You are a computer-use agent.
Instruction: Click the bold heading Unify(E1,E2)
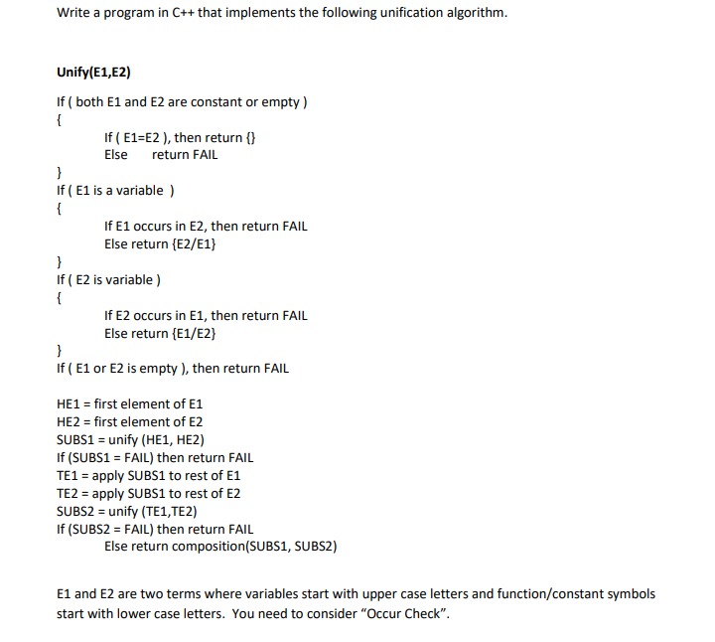(94, 73)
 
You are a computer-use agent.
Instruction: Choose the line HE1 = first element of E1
(130, 404)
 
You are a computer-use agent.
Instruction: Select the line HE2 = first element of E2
(130, 422)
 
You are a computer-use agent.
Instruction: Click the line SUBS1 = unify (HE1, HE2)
(131, 440)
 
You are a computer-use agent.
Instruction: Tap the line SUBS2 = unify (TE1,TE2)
(127, 511)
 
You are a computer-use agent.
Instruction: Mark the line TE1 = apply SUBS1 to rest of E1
(149, 476)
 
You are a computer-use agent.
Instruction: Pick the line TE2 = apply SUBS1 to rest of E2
(149, 494)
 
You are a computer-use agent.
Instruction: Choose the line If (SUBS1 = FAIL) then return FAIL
(155, 458)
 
